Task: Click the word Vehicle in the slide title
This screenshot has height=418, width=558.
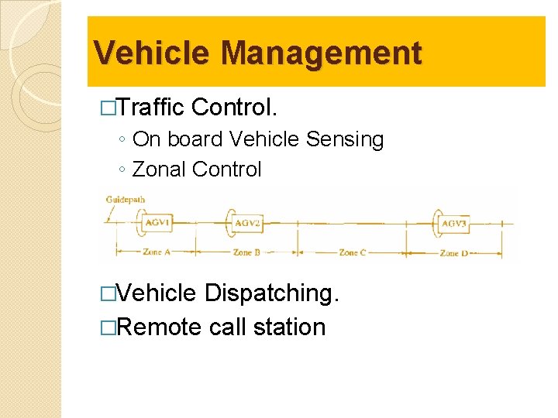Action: [152, 53]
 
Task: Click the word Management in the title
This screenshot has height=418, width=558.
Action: [321, 53]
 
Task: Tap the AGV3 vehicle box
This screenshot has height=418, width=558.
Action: [454, 224]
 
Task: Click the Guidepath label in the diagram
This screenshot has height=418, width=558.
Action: [125, 200]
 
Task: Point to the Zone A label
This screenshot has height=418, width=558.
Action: [156, 252]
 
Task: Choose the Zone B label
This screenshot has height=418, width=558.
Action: [246, 252]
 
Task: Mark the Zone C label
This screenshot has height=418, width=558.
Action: [352, 252]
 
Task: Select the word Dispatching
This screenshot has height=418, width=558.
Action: [272, 293]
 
